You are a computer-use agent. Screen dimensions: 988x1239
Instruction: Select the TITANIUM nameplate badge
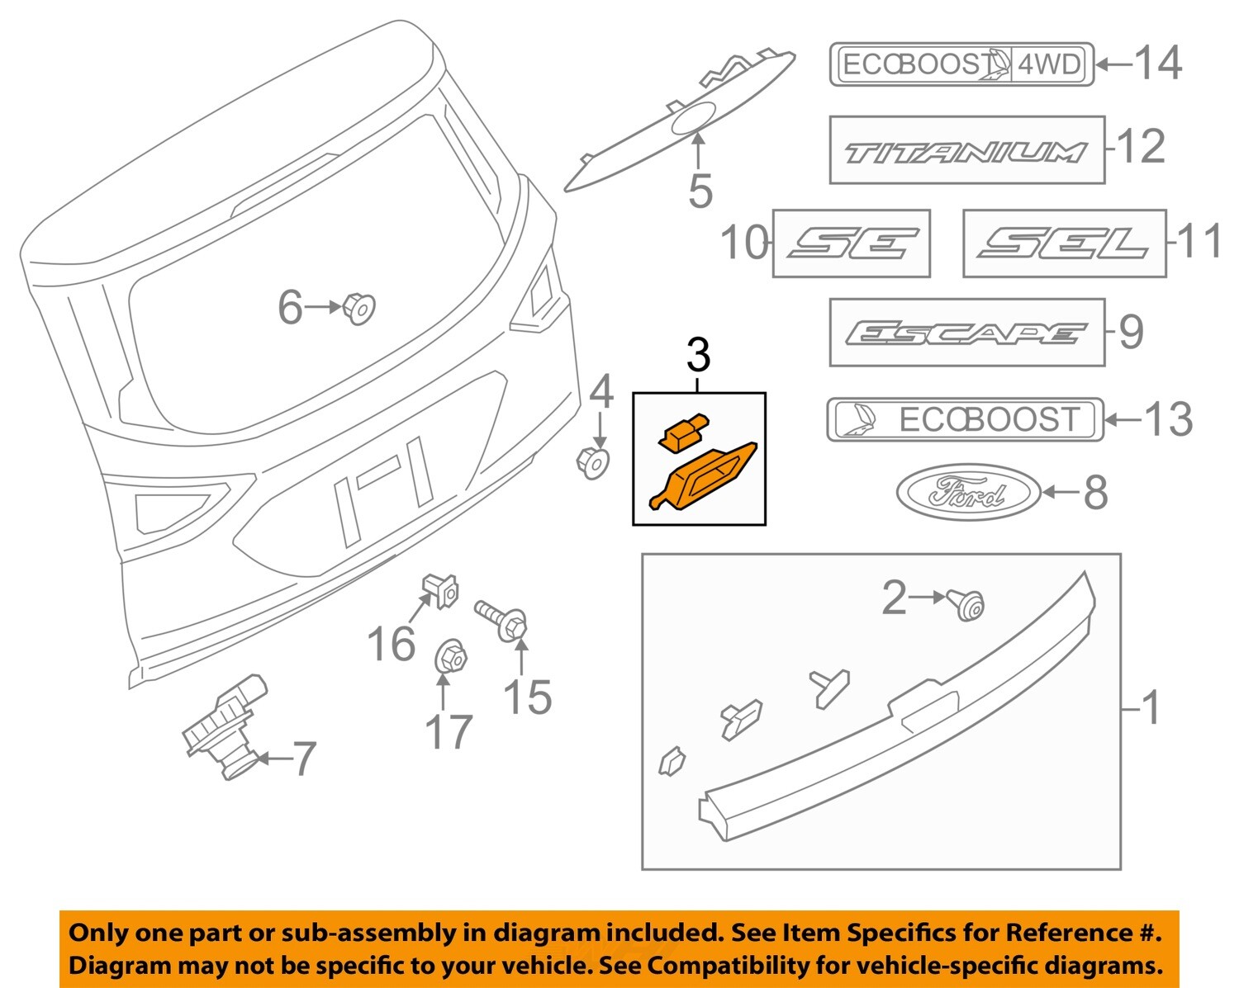[966, 150]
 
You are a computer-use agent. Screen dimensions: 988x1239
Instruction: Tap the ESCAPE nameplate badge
[966, 333]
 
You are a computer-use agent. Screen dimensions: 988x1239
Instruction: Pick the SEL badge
[1064, 243]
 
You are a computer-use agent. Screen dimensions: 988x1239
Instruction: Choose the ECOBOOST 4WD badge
[961, 64]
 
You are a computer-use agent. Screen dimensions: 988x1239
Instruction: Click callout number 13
[1168, 419]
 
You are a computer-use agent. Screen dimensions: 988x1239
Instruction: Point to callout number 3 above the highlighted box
[698, 357]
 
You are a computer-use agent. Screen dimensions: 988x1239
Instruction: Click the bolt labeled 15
[503, 622]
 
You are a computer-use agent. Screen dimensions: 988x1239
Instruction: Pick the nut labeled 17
[450, 657]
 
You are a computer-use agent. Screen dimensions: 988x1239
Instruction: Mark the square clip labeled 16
[440, 589]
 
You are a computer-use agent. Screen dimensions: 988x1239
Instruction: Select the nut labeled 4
[592, 462]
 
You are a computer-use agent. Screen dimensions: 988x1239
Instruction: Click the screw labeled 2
[966, 605]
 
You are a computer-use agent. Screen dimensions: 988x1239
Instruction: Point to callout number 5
[700, 192]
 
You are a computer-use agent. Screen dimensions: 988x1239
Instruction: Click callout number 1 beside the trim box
[1151, 708]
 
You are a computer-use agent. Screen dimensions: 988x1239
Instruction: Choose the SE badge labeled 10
[851, 243]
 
